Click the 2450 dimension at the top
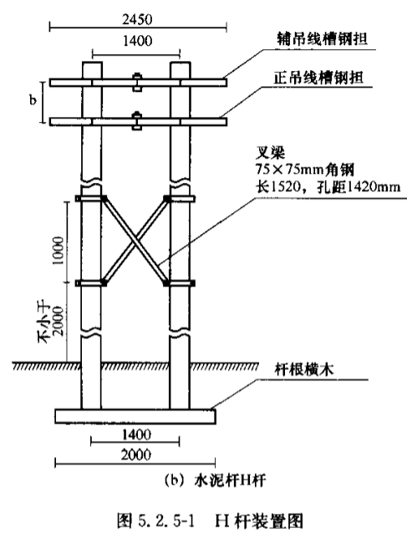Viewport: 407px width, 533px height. pos(137,19)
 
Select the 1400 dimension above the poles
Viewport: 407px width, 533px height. pos(137,41)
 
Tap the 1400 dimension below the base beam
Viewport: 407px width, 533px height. pos(136,434)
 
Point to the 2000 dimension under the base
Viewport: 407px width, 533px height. pos(136,454)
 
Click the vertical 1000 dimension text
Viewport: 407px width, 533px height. pos(58,251)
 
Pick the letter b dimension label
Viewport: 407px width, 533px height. pos(33,100)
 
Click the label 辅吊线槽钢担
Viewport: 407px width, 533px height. pos(322,38)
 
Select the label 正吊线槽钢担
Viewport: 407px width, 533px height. pos(318,78)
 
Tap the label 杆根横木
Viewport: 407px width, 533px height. pos(304,369)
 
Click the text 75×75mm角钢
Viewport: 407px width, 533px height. pos(305,169)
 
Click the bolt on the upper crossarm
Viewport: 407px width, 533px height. pos(137,82)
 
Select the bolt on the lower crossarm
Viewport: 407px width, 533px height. pos(137,120)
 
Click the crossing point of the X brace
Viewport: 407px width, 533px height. pos(135,240)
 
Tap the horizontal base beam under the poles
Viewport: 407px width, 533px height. pos(135,416)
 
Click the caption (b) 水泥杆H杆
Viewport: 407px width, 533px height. pos(215,480)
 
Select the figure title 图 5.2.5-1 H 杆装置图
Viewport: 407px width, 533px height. pos(210,520)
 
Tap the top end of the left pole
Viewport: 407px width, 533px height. pos(92,62)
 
